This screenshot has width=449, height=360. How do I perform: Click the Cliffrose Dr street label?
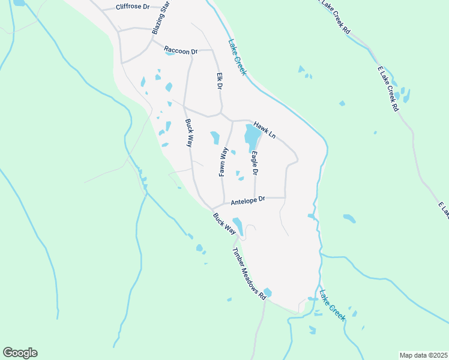point(132,7)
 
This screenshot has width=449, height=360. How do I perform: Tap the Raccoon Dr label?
point(181,52)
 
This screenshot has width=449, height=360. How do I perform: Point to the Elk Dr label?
point(220,82)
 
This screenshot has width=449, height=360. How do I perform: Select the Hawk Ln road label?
point(264,130)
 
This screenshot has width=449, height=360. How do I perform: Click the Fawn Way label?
point(223,161)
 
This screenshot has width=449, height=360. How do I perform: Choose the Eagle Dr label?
point(255,163)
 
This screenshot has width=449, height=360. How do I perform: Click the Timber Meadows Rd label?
point(249,274)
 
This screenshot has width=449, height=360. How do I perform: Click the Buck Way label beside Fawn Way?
point(188,134)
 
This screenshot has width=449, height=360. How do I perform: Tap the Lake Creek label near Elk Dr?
point(237,58)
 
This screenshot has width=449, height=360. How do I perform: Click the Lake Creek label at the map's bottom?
point(332,305)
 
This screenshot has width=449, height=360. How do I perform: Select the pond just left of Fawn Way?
point(215,138)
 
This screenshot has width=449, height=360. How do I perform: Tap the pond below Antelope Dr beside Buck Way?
point(238,226)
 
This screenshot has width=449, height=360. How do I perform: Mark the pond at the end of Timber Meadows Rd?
point(267,293)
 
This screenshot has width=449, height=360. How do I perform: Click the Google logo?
point(20,353)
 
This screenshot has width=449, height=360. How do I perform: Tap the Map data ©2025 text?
point(423,355)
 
